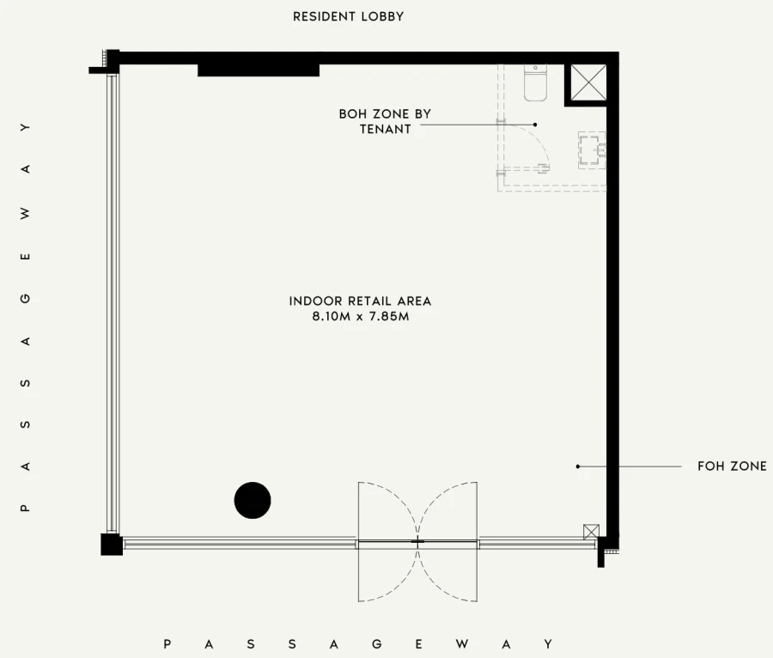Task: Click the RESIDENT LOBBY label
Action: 348,16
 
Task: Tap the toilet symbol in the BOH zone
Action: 535,82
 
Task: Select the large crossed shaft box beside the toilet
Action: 588,82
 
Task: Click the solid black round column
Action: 253,500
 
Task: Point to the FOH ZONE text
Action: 732,466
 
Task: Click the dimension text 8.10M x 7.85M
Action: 361,316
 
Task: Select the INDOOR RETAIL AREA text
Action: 361,302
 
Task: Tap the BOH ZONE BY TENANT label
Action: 385,121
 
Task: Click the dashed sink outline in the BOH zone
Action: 592,149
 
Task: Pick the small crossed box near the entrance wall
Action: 591,533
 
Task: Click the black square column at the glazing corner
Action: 112,544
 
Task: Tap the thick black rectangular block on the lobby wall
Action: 259,70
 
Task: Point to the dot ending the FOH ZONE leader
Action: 578,466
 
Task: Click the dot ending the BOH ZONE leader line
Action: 535,125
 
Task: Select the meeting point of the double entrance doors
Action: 417,542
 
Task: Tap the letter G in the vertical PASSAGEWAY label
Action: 26,298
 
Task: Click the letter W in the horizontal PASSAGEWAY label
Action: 462,643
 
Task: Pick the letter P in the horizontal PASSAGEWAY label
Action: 167,643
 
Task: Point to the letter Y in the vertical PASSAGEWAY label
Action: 26,127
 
